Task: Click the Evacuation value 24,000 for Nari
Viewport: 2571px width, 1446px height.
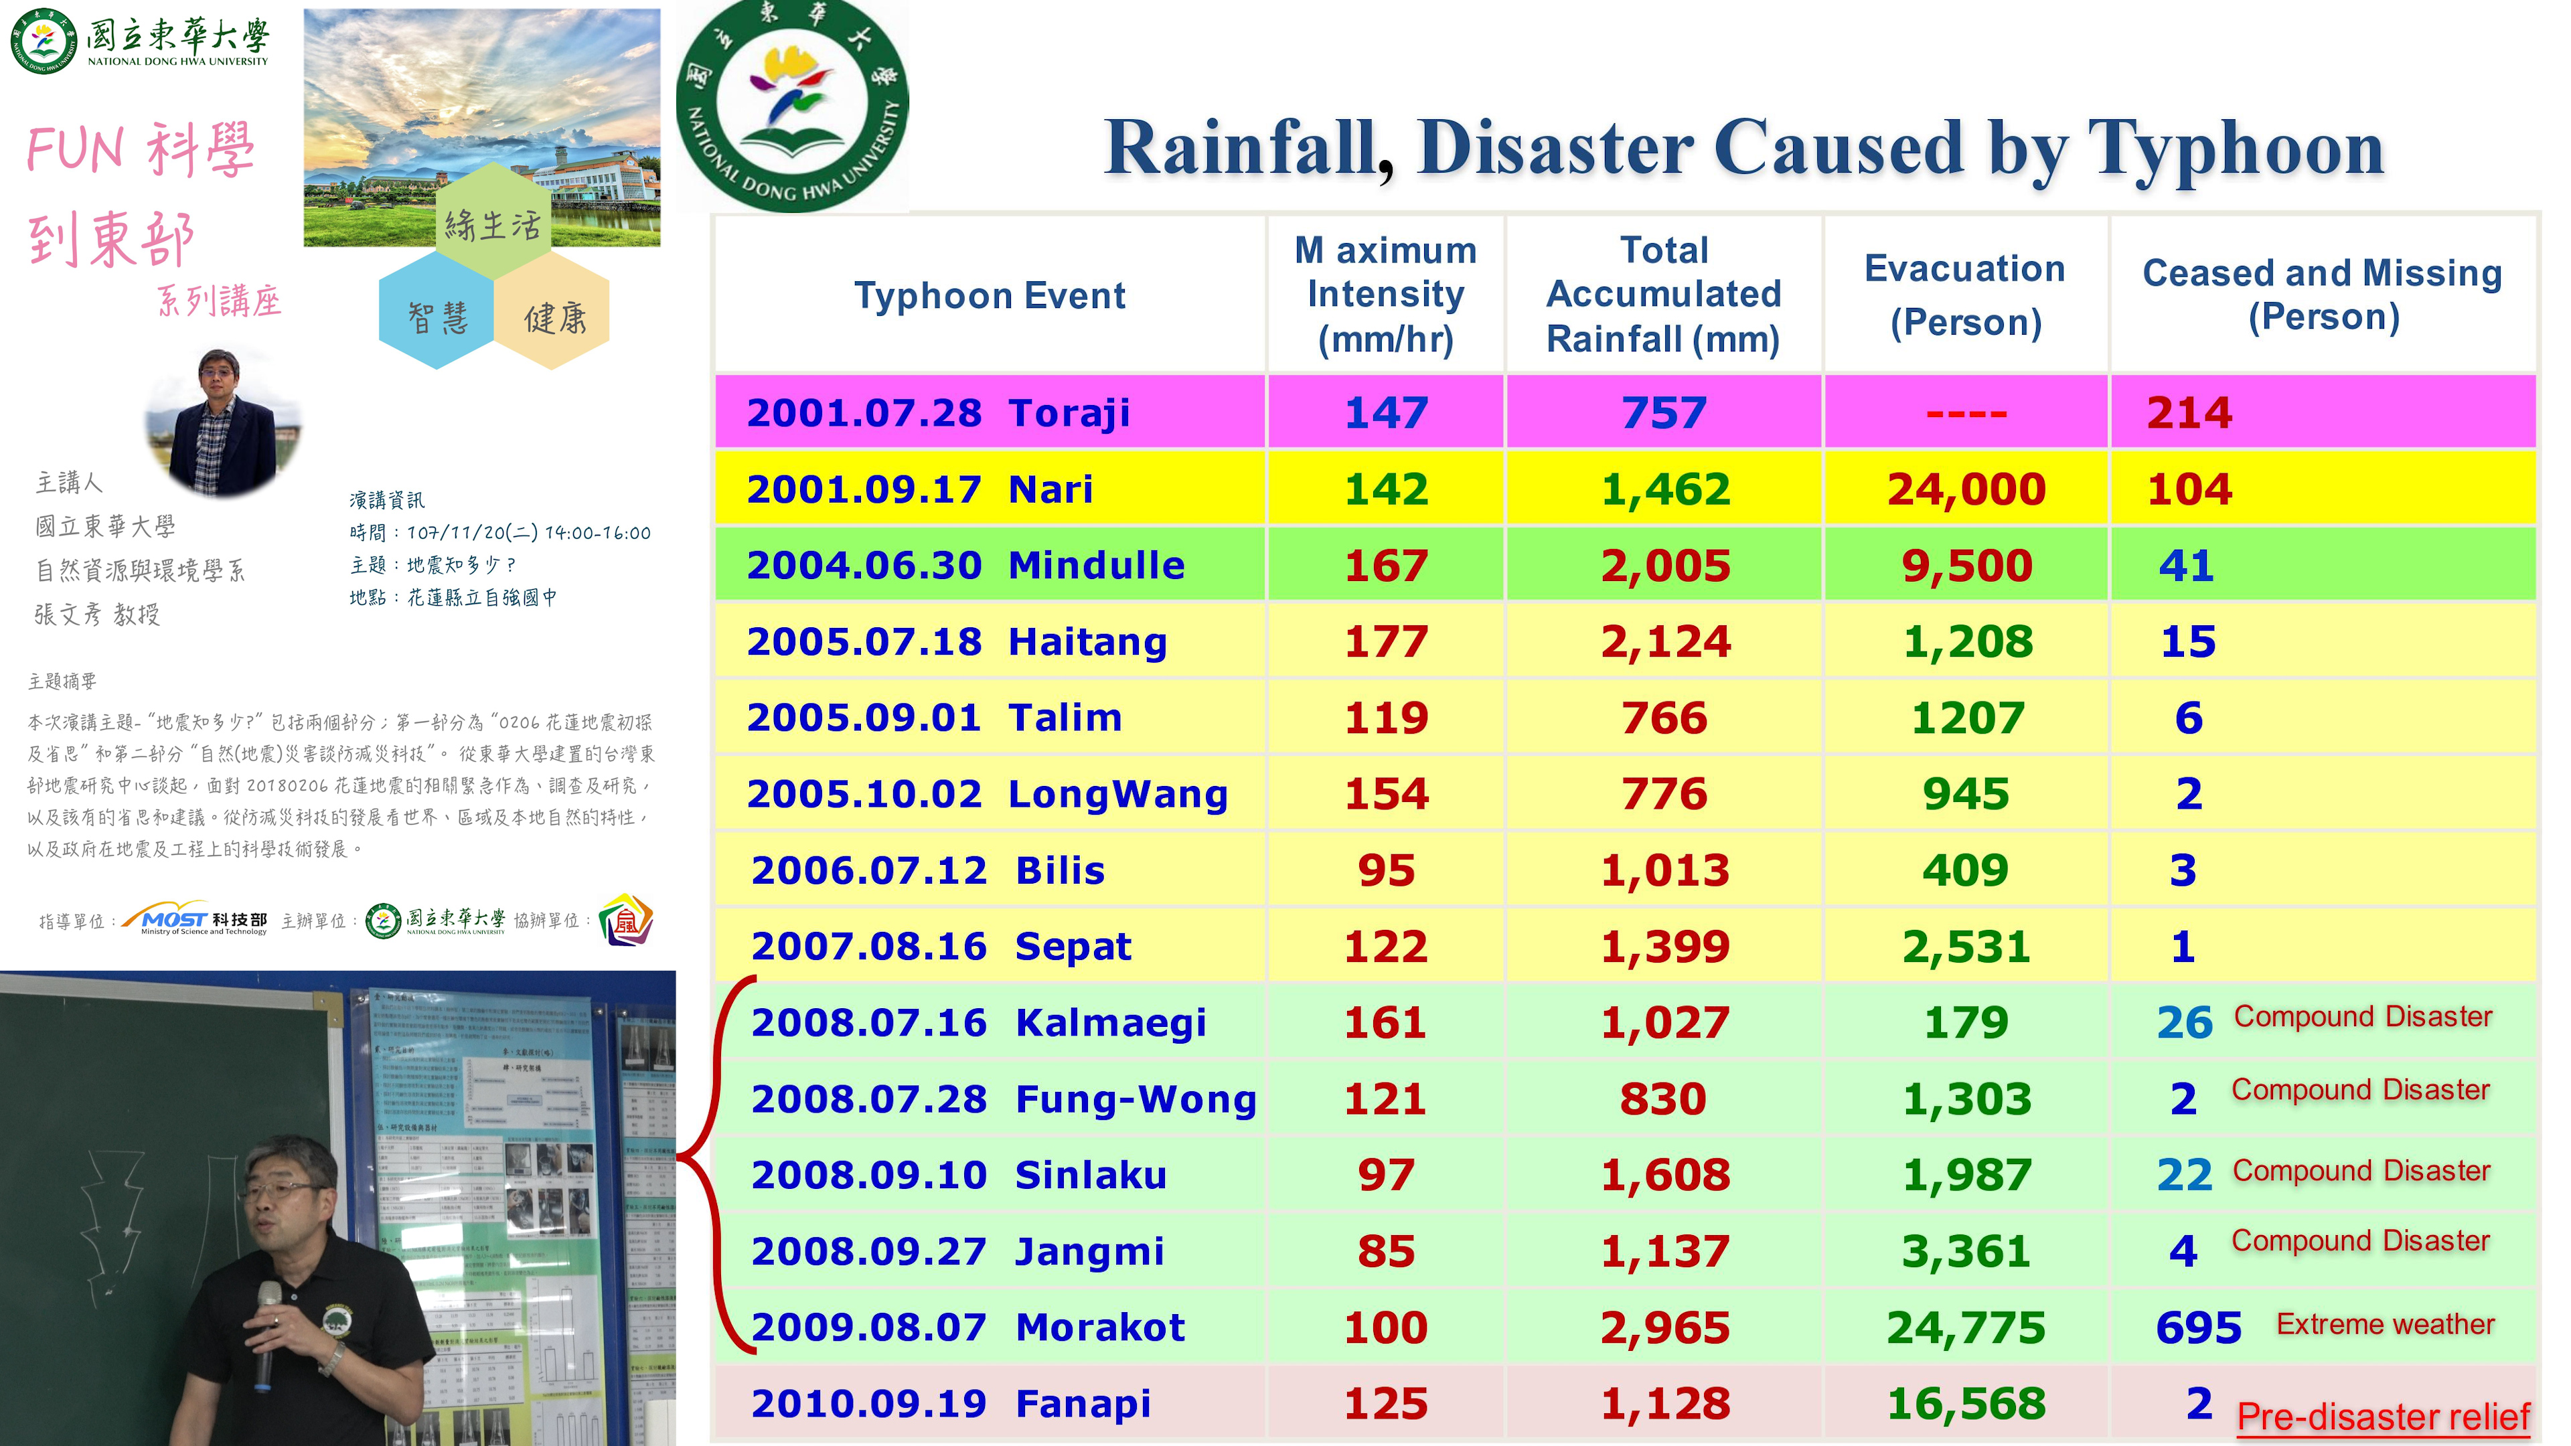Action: click(x=1965, y=489)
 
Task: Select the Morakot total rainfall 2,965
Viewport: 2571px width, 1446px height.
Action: click(x=1664, y=1328)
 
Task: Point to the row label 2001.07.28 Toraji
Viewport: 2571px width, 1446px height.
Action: click(x=938, y=412)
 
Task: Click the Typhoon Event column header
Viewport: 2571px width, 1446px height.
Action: click(x=989, y=295)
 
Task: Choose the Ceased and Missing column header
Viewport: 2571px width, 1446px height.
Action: click(x=2323, y=295)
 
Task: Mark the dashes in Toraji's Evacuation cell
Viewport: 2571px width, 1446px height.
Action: click(x=1965, y=413)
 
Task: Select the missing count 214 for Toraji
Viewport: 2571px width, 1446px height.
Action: click(x=2189, y=412)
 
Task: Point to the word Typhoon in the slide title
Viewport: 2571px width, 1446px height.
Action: click(x=2236, y=148)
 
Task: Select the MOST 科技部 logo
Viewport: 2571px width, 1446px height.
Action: click(x=196, y=920)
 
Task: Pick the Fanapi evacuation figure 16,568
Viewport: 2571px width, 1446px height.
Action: click(x=1965, y=1403)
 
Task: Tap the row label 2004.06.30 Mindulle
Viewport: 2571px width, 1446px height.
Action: click(x=965, y=566)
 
